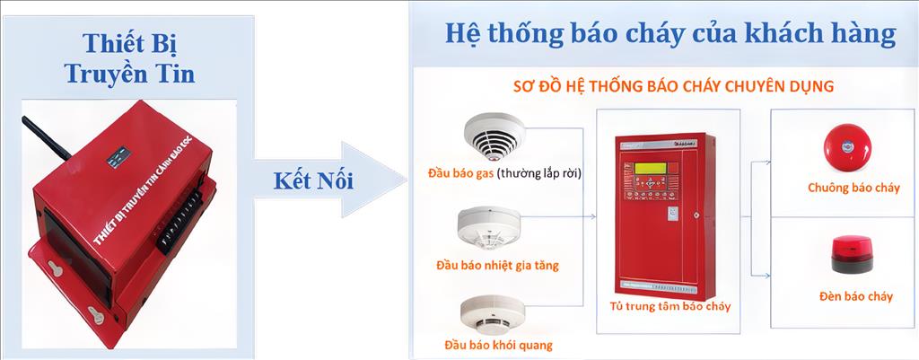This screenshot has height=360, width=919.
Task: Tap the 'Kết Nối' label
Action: click(312, 180)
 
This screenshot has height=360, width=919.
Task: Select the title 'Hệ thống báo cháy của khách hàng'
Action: click(670, 34)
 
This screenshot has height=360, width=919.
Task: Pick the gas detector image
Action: click(491, 136)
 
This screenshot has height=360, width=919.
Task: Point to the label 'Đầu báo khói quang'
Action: click(498, 345)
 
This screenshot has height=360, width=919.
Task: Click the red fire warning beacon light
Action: click(849, 254)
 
